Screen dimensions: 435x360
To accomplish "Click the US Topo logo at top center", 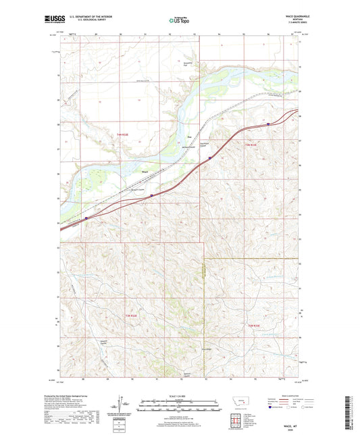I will pyautogui.click(x=180, y=21).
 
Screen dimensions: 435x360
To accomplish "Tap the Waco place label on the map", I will pyautogui.click(x=145, y=172).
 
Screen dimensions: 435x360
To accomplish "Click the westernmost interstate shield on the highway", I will pyautogui.click(x=87, y=218).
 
